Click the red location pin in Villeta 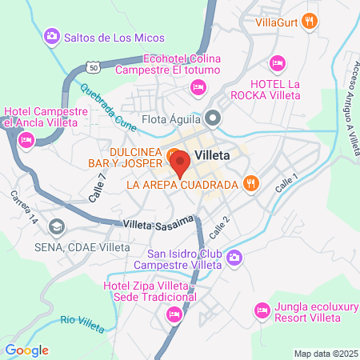tap(180, 162)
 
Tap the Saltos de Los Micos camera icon tap(52, 36)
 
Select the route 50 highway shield tap(94, 66)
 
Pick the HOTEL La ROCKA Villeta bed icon tap(278, 62)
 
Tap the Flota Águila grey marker tap(212, 120)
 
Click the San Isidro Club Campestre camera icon tap(234, 257)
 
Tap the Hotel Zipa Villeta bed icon tap(174, 316)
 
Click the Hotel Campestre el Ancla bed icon tap(26, 140)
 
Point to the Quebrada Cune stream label tap(104, 102)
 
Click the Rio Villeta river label tap(82, 322)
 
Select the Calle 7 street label tap(98, 188)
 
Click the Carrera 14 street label tap(24, 207)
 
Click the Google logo tap(26, 350)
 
